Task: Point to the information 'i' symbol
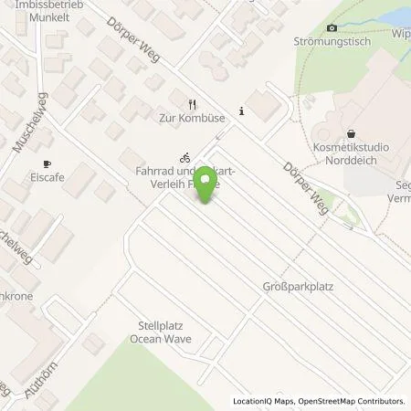[x=240, y=111]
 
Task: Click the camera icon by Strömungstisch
[x=332, y=29]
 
